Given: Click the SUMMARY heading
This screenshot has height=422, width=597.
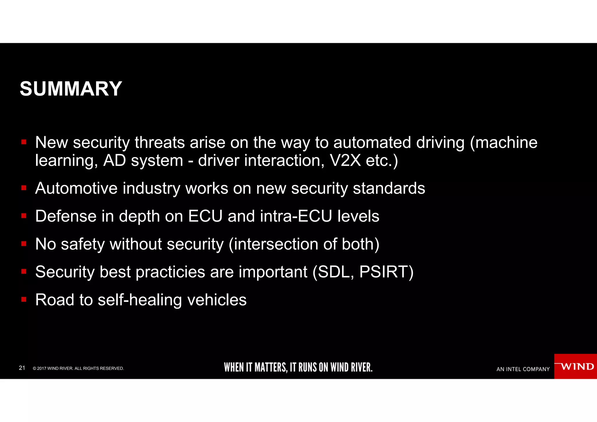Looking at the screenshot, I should click(71, 89).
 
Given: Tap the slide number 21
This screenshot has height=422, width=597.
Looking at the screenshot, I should click(22, 368).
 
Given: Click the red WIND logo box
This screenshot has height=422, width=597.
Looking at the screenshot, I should click(575, 366).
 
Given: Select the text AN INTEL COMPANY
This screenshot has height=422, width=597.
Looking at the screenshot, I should click(523, 369).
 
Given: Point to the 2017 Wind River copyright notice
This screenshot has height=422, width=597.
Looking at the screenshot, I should click(78, 368).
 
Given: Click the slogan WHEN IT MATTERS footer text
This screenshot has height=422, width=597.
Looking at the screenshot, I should click(298, 367).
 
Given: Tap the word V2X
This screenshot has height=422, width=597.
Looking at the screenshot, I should click(345, 160).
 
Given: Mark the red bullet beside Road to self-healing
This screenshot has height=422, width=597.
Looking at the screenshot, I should click(24, 299).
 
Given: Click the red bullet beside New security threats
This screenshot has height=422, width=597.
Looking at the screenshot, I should click(24, 142).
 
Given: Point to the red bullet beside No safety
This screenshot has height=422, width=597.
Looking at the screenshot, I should click(24, 244).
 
